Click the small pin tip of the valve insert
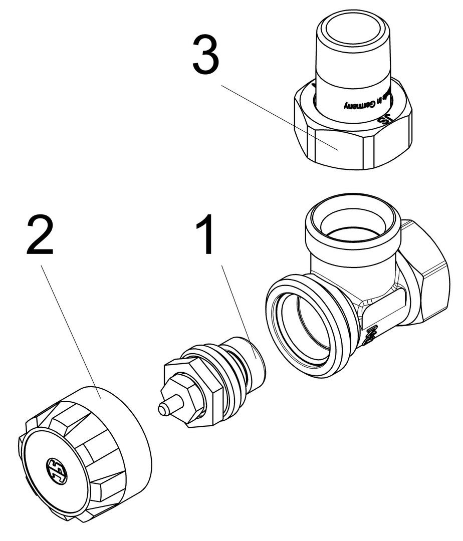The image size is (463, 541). pyautogui.click(x=164, y=409)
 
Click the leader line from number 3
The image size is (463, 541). pyautogui.click(x=281, y=118)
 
